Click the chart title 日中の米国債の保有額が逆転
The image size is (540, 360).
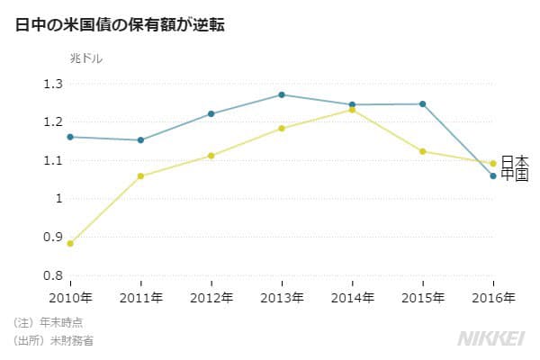click(x=120, y=24)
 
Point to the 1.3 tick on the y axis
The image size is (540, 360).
click(x=52, y=84)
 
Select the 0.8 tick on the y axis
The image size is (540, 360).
click(x=52, y=275)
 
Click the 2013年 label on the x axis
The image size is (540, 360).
click(x=282, y=297)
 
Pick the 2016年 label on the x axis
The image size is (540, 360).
click(x=493, y=297)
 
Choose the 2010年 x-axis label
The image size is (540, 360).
click(x=70, y=297)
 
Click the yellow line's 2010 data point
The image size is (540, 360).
click(x=70, y=243)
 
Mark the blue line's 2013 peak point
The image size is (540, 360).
click(x=282, y=94)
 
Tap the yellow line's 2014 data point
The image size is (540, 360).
click(x=352, y=110)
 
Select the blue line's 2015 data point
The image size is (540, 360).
click(x=423, y=103)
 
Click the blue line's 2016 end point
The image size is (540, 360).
click(x=493, y=175)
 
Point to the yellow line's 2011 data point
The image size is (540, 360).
click(x=140, y=175)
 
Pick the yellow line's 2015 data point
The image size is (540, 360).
click(x=423, y=151)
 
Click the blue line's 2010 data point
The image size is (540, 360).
click(x=70, y=137)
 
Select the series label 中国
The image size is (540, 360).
click(x=515, y=175)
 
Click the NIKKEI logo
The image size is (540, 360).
click(x=491, y=337)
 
